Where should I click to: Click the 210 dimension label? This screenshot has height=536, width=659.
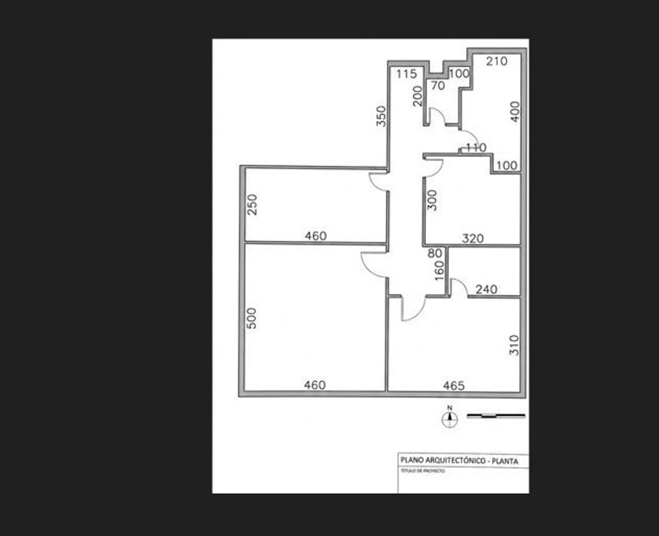point(496,61)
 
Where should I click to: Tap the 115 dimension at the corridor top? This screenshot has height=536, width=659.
point(406,74)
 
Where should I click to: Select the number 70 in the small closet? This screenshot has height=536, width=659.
point(438,86)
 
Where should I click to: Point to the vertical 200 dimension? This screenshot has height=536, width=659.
point(417,96)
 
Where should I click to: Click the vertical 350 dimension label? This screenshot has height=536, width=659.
point(381,116)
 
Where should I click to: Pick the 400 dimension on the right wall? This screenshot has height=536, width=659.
point(514,112)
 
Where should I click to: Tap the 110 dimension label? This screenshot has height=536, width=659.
point(476,148)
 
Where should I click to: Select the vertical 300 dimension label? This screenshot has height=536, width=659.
point(432,200)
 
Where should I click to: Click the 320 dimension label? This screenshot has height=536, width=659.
point(473,239)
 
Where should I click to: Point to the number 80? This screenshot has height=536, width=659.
point(435,254)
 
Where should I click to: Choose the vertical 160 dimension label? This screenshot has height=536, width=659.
point(439,271)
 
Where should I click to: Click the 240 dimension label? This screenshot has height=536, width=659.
point(486,290)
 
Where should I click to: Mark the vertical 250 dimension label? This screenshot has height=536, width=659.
point(253,204)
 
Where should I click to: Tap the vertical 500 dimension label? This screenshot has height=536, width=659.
point(252,318)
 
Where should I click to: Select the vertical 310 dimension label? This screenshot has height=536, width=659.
point(514,345)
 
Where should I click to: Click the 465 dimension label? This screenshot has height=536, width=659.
point(454,386)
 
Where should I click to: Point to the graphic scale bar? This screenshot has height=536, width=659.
point(496,416)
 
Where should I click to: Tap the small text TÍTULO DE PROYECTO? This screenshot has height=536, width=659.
point(423,471)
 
